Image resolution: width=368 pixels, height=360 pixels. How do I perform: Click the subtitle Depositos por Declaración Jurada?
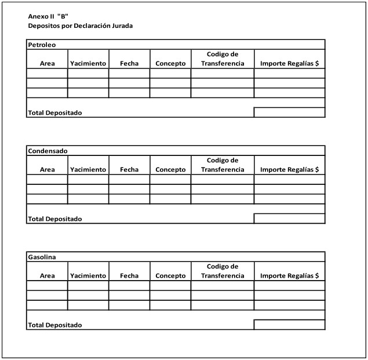pyautogui.click(x=80, y=26)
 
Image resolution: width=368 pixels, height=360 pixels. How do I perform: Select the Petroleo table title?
pyautogui.click(x=42, y=45)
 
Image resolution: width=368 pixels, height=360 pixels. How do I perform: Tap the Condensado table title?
pyautogui.click(x=48, y=151)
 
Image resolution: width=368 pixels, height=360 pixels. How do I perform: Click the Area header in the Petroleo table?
pyautogui.click(x=48, y=64)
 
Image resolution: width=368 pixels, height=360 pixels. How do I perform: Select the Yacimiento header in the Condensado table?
pyautogui.click(x=88, y=170)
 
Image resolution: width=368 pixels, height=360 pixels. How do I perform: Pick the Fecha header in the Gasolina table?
pyautogui.click(x=129, y=276)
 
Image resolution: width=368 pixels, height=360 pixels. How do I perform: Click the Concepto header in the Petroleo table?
pyautogui.click(x=170, y=64)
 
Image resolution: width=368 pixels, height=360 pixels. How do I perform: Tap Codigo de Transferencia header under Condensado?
pyautogui.click(x=223, y=165)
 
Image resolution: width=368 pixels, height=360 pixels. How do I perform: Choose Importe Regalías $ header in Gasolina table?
pyautogui.click(x=289, y=276)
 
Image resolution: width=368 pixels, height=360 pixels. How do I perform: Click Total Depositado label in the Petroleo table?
pyautogui.click(x=55, y=113)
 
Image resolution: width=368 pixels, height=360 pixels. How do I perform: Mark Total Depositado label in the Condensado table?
pyautogui.click(x=55, y=219)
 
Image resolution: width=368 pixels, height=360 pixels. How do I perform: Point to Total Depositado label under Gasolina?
pyautogui.click(x=55, y=325)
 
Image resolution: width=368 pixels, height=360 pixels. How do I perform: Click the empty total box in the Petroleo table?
pyautogui.click(x=289, y=112)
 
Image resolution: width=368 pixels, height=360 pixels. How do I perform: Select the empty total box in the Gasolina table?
pyautogui.click(x=289, y=325)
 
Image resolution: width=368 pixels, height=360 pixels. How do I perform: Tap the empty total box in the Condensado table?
pyautogui.click(x=289, y=219)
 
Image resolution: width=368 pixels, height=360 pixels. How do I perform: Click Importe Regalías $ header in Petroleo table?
pyautogui.click(x=289, y=64)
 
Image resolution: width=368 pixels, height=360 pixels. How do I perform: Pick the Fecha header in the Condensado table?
pyautogui.click(x=129, y=170)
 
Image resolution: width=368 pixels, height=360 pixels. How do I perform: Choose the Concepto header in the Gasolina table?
pyautogui.click(x=170, y=276)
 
